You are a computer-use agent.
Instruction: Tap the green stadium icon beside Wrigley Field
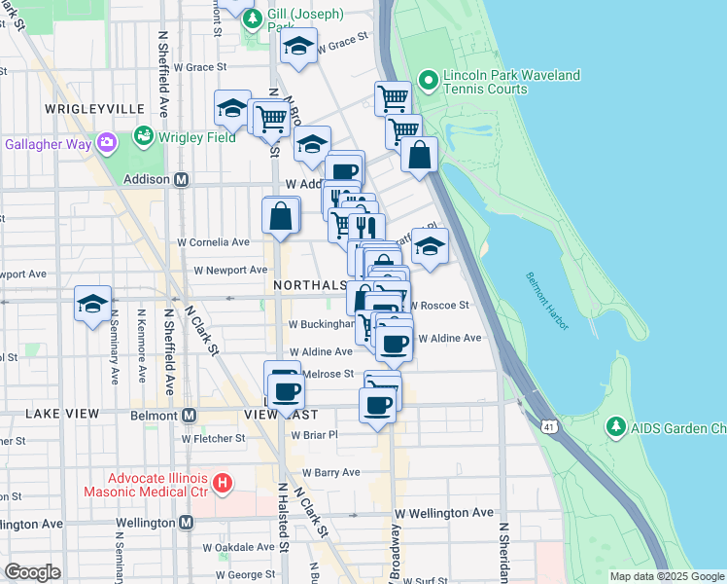pos(144,134)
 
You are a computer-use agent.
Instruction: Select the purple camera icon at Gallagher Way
pos(105,143)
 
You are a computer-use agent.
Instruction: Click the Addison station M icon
pos(181,180)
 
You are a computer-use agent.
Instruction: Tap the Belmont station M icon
pos(189,415)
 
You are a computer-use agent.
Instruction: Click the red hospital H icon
pos(222,482)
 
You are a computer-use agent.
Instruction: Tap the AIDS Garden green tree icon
pos(614,427)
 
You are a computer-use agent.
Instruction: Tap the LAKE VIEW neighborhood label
pos(62,414)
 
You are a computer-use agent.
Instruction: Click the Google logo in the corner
pos(32,572)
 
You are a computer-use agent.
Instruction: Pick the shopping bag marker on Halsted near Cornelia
pos(280,216)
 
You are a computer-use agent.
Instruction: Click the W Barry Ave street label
pos(325,472)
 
